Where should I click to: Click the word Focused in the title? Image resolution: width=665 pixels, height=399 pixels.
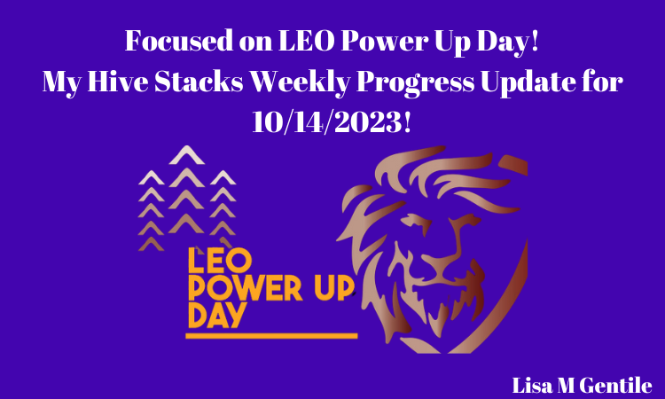179,41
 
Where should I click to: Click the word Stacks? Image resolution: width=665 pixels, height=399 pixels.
199,81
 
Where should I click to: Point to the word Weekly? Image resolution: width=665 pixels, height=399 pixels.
300,82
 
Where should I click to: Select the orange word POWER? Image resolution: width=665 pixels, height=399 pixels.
245,288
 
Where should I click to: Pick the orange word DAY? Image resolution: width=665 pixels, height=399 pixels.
216,315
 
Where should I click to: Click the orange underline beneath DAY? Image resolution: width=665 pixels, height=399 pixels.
271,336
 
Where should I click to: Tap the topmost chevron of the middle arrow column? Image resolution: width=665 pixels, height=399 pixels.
186,155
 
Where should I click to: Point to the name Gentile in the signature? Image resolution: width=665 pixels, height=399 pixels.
616,386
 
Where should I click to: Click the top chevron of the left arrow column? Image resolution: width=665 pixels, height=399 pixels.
152,177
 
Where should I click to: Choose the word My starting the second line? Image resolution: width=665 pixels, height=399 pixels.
62,82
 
